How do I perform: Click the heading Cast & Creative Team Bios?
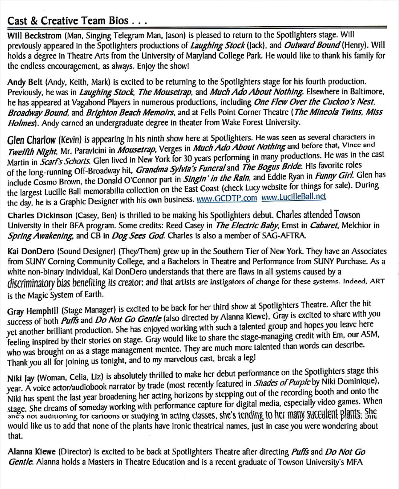coord(68,21)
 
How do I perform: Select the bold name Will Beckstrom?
coord(34,36)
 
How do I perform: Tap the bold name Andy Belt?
coord(25,82)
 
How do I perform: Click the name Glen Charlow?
coord(31,140)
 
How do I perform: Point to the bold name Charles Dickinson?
coord(40,215)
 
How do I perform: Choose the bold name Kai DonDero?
coord(31,251)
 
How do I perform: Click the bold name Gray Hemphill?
coord(33,311)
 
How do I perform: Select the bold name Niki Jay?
coord(21,379)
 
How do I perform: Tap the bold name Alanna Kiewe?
coord(32,452)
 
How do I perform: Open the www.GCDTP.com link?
coord(227,198)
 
